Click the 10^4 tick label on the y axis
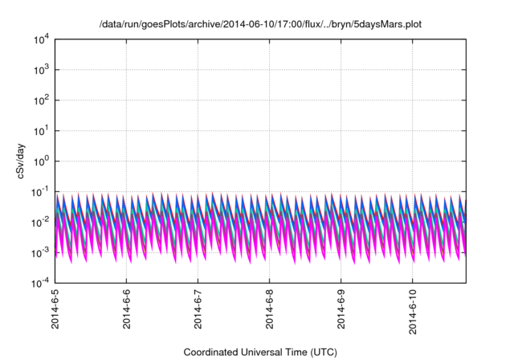coord(41,39)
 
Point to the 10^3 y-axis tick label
coord(41,69)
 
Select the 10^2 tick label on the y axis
coord(41,100)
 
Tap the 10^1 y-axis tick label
coord(41,130)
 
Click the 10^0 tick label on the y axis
coord(41,161)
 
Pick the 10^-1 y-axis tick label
coord(40,191)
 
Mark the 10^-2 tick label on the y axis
coord(40,222)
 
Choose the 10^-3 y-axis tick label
coord(40,252)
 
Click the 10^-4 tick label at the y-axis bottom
coord(40,283)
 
